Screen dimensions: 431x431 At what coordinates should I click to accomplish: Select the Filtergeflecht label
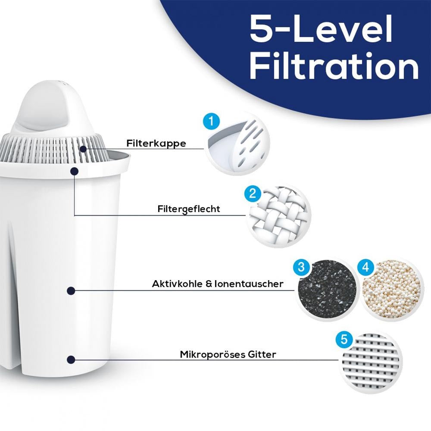coord(189,209)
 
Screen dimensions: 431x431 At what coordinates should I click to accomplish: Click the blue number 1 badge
coord(211,122)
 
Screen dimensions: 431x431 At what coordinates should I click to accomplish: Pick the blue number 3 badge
coord(301,267)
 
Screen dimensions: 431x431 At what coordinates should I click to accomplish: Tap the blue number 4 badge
coord(365,267)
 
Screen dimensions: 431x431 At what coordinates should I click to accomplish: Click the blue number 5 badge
coord(344,339)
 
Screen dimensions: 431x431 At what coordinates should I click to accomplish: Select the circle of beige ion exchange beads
coord(390,290)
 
